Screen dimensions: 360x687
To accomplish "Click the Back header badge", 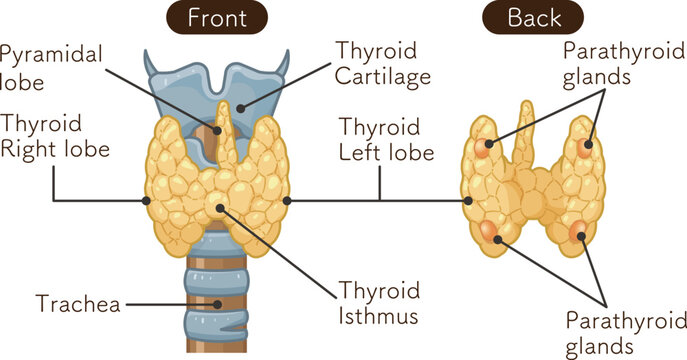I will click(534, 17).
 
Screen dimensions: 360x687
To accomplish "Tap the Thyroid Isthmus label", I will click(377, 304).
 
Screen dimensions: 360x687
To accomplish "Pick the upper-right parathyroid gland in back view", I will click(587, 146).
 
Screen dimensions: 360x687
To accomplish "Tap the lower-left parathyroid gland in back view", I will click(489, 233).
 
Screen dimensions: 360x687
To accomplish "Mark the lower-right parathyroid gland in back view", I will click(579, 235).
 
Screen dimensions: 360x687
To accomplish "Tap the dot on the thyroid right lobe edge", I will click(147, 201).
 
